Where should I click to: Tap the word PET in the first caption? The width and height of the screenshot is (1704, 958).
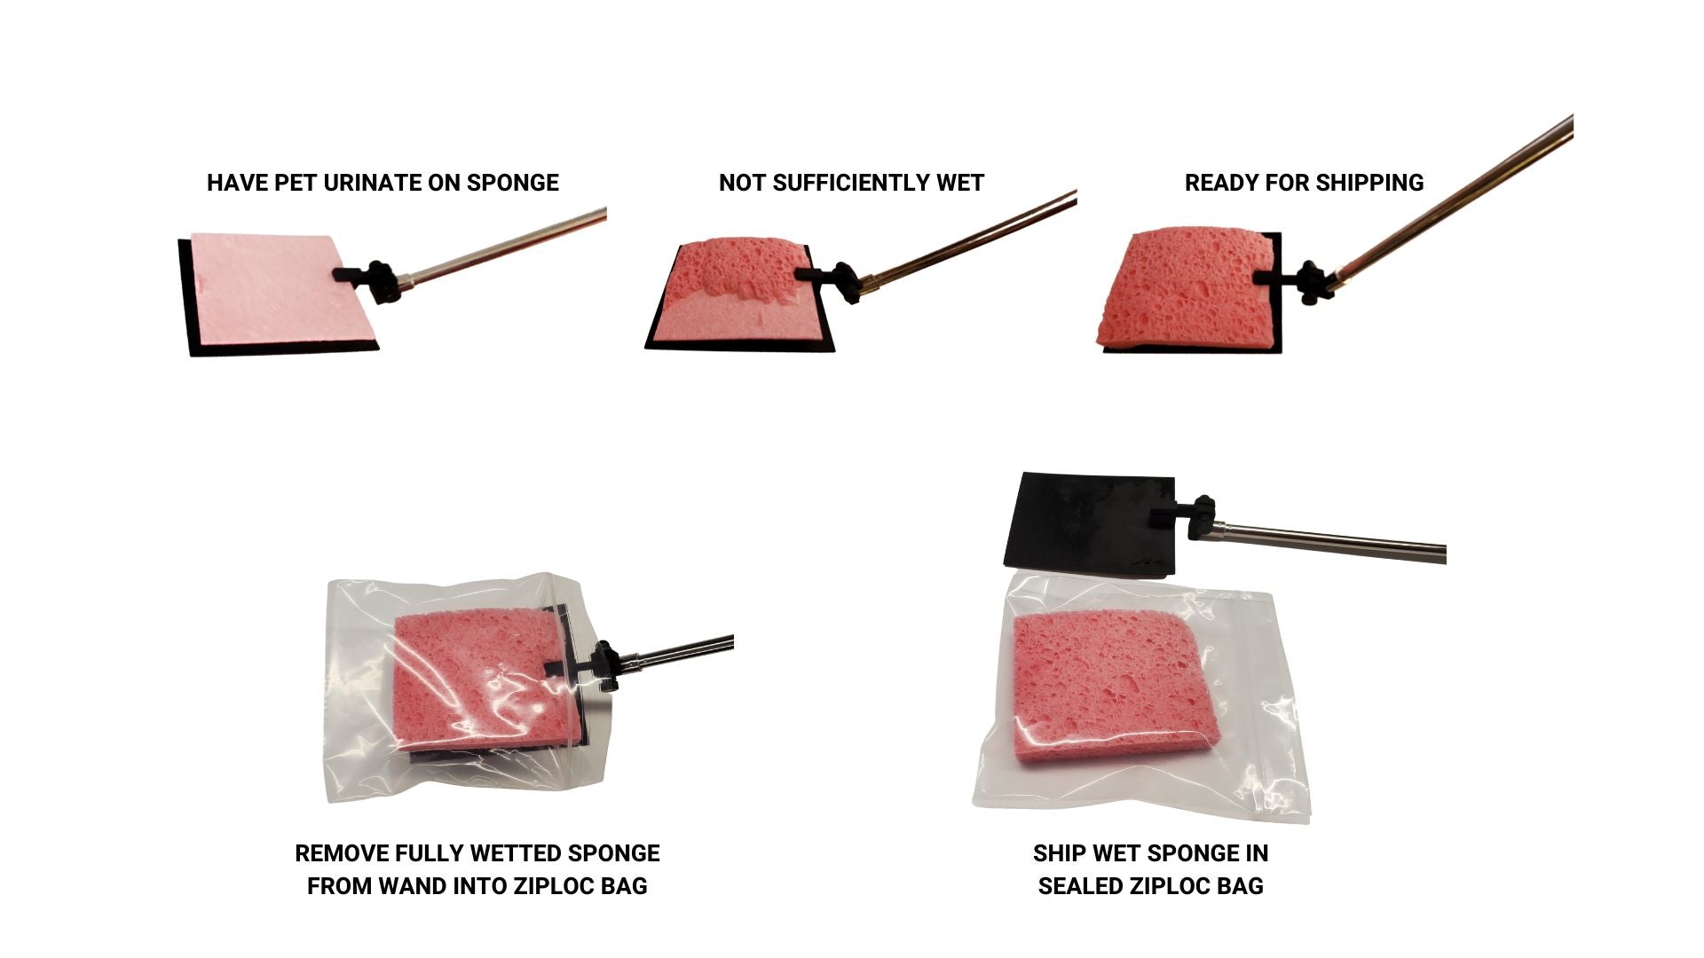pyautogui.click(x=296, y=183)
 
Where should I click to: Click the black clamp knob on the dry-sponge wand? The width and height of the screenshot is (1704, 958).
pyautogui.click(x=383, y=281)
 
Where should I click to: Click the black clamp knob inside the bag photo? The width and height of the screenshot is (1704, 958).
pyautogui.click(x=607, y=665)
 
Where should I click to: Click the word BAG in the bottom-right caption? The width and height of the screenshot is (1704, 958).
pyautogui.click(x=1240, y=886)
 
